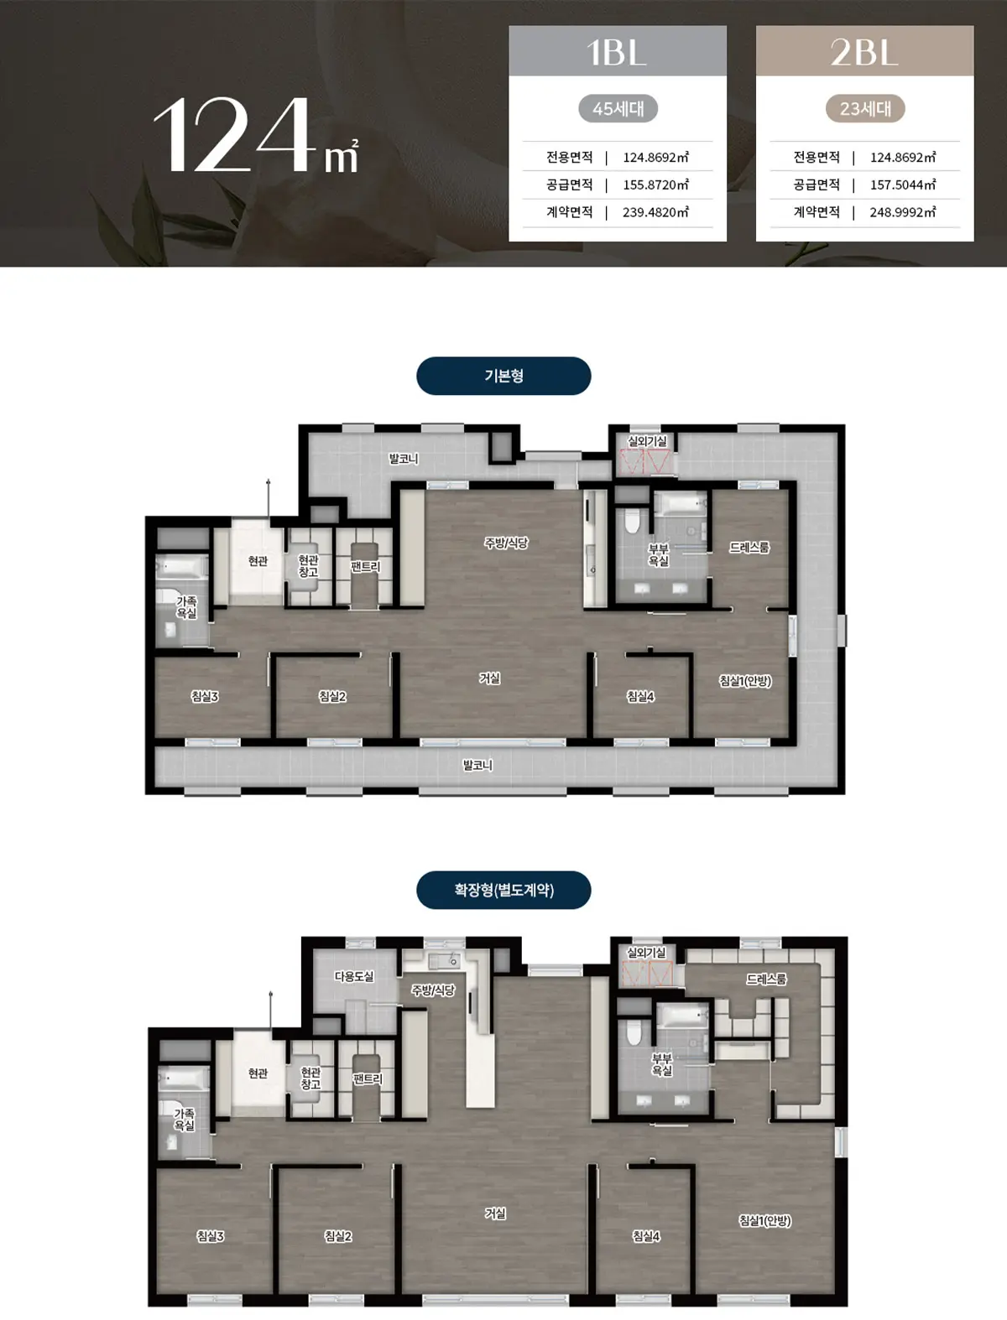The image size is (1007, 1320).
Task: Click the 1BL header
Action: [x=617, y=51]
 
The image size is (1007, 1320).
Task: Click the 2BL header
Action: [x=864, y=51]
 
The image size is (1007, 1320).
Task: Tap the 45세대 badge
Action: [x=618, y=109]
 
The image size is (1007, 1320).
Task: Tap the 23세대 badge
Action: [x=865, y=109]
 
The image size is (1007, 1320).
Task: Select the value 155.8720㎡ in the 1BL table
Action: [x=655, y=184]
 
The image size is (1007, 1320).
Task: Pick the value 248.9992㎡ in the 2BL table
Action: [x=902, y=212]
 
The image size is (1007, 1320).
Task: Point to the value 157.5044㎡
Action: [x=902, y=184]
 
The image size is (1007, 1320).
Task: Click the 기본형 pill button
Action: [x=503, y=376]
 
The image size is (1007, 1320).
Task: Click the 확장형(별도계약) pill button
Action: [x=503, y=890]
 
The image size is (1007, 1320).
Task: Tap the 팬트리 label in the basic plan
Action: [x=366, y=566]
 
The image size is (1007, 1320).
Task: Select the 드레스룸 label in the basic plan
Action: [x=749, y=548]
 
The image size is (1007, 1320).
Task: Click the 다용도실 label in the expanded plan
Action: [x=354, y=977]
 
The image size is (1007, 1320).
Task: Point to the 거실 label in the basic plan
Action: [x=490, y=678]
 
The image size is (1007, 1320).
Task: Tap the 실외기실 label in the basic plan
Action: [x=647, y=441]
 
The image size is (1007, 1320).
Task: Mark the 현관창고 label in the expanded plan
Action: [x=311, y=1078]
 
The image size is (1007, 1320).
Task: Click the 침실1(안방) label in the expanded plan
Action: [x=765, y=1220]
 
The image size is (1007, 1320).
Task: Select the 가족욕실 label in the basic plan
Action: [x=186, y=607]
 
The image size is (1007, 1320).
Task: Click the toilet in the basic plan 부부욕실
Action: [x=631, y=522]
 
